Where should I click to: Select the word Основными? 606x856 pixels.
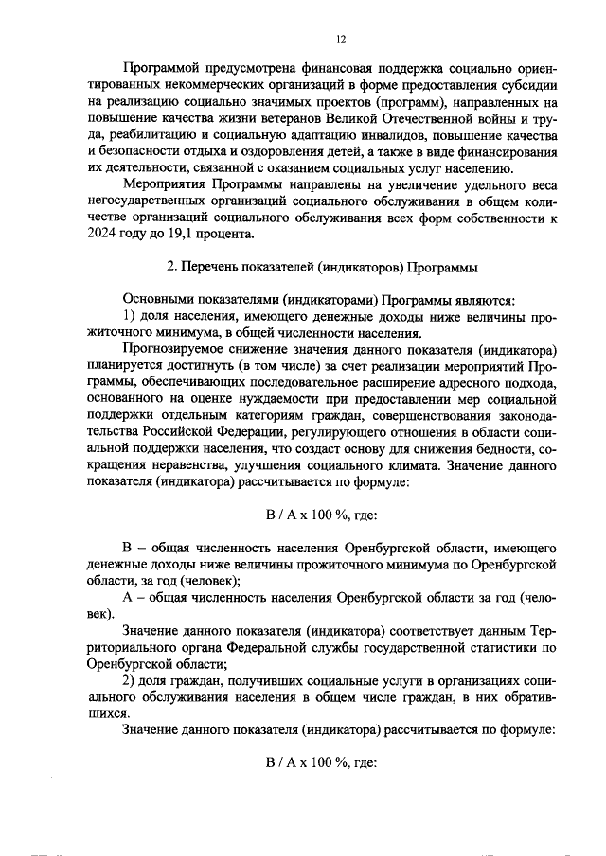160,299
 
